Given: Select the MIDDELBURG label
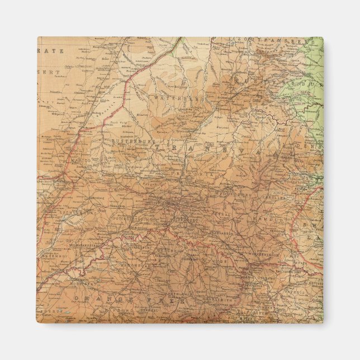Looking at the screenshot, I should [234, 194].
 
